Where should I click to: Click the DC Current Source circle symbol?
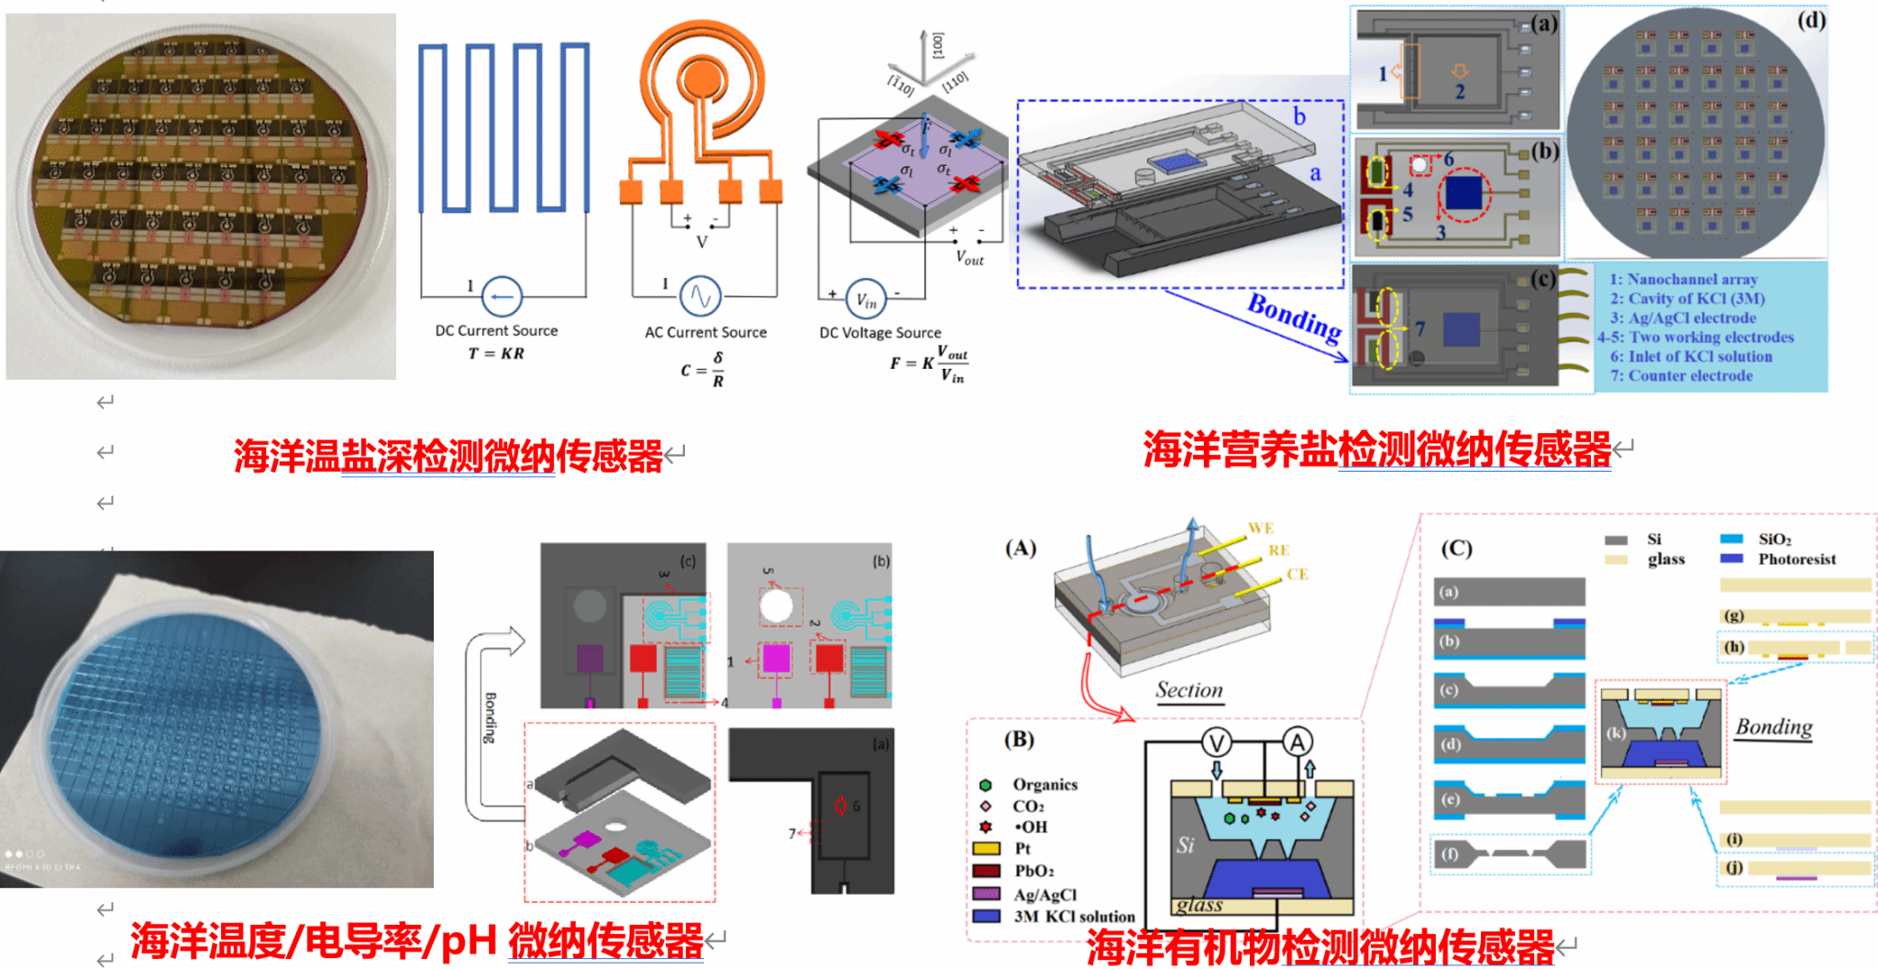pyautogui.click(x=501, y=296)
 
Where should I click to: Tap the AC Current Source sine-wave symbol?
pyautogui.click(x=701, y=295)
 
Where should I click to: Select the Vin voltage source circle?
pyautogui.click(x=866, y=299)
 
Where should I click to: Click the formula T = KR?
pyautogui.click(x=496, y=353)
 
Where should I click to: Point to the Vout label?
pyautogui.click(x=969, y=258)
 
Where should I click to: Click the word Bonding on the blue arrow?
pyautogui.click(x=1294, y=317)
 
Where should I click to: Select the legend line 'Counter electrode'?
pyautogui.click(x=1681, y=375)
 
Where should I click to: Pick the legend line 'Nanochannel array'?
pyautogui.click(x=1684, y=279)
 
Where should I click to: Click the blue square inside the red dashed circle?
pyautogui.click(x=1463, y=194)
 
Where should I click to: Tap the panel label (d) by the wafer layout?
pyautogui.click(x=1810, y=20)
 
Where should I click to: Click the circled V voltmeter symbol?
pyautogui.click(x=1217, y=741)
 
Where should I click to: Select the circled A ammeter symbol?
pyautogui.click(x=1297, y=741)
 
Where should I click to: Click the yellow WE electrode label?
pyautogui.click(x=1260, y=528)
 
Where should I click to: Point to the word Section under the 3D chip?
pyautogui.click(x=1188, y=690)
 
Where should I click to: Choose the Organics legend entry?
pyautogui.click(x=1044, y=785)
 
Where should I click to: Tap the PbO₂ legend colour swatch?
pyautogui.click(x=986, y=871)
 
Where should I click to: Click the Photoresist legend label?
pyautogui.click(x=1795, y=559)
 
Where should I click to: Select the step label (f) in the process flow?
pyautogui.click(x=1449, y=853)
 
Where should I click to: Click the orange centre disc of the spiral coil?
pyautogui.click(x=703, y=75)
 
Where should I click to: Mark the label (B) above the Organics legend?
pyautogui.click(x=1019, y=739)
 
